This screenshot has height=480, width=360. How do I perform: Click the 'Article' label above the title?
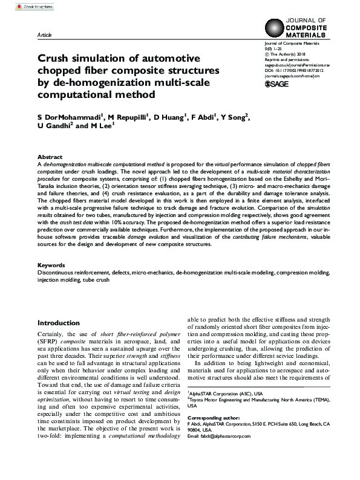click(45, 36)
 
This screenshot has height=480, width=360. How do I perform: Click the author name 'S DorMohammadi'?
click(64, 117)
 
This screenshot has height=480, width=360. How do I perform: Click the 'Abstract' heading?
click(50, 156)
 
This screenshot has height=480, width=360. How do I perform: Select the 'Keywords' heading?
click(51, 265)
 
